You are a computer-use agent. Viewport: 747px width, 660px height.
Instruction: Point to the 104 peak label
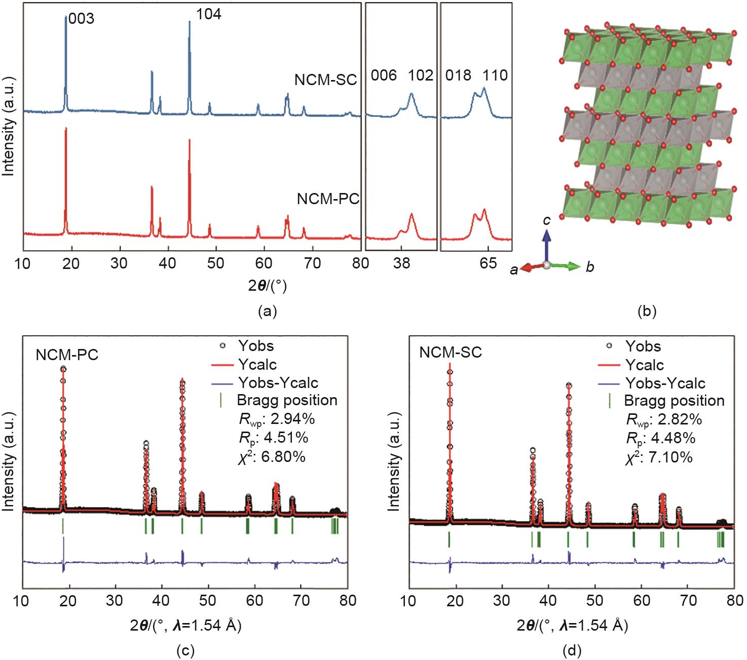click(x=209, y=14)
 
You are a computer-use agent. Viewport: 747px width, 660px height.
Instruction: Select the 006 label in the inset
click(x=384, y=75)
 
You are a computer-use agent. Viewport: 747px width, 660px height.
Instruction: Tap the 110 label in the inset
click(x=495, y=75)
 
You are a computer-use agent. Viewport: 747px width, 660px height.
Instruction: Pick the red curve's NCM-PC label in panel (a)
click(x=328, y=199)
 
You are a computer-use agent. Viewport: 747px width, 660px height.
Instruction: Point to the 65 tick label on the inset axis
click(x=488, y=264)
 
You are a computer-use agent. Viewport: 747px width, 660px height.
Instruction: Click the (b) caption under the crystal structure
click(x=648, y=311)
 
